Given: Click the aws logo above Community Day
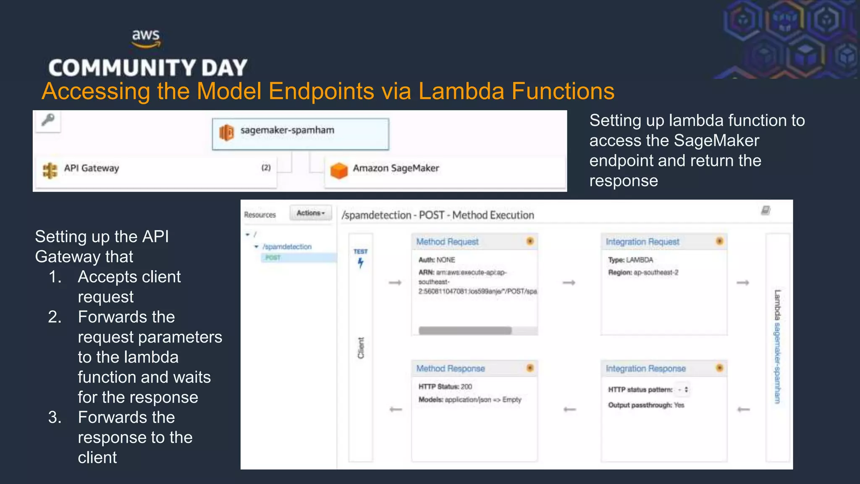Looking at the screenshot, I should [x=146, y=38].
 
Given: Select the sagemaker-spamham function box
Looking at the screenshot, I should [x=300, y=134].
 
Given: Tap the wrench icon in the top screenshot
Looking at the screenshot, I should [x=48, y=120].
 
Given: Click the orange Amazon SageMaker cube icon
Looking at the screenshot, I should [x=339, y=170].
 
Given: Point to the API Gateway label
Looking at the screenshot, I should [x=91, y=168].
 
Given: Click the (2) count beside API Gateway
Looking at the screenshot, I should [x=266, y=168].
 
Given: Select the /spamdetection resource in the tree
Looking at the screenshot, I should [x=287, y=247].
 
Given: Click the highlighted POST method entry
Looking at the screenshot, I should [x=273, y=258].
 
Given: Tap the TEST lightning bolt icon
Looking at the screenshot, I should [x=360, y=263].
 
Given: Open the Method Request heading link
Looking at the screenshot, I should [x=447, y=242].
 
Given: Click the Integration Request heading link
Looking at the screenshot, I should [x=642, y=242].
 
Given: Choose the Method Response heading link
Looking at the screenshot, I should [x=450, y=368].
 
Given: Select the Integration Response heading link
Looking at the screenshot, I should [x=645, y=368].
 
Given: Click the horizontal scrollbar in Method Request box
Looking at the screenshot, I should [x=465, y=331].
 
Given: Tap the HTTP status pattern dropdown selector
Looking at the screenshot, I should [x=683, y=389].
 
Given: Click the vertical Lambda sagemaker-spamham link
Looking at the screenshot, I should [x=777, y=347].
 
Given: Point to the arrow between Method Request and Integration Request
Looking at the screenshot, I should [x=569, y=283].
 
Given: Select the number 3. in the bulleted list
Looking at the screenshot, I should [x=55, y=417].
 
